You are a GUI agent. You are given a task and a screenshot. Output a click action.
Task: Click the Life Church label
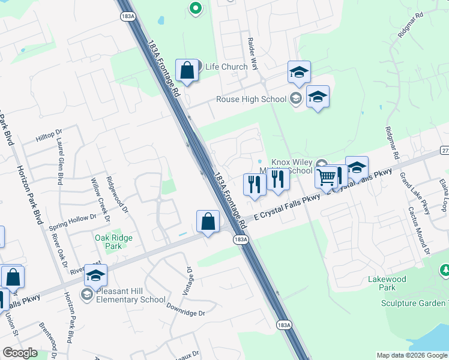[226, 67]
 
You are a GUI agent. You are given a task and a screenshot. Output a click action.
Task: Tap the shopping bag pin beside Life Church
[187, 70]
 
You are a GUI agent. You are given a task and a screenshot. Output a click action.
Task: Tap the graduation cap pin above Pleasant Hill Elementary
[95, 275]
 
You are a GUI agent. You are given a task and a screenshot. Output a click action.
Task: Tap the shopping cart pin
[326, 178]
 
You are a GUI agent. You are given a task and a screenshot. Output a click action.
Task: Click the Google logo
[20, 353]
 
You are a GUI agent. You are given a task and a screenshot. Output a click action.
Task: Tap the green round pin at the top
[194, 8]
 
